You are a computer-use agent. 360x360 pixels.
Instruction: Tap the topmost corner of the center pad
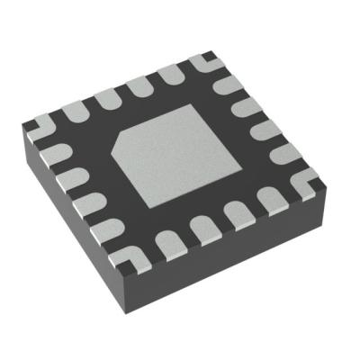(x=188, y=105)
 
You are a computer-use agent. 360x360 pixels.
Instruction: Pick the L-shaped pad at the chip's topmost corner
(x=202, y=61)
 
